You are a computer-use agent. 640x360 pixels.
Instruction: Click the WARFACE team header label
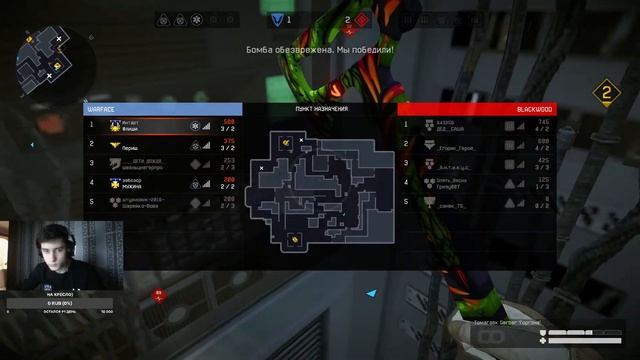point(103,109)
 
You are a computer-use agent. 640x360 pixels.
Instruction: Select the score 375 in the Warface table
point(229,142)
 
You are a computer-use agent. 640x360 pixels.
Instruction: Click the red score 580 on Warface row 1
point(229,123)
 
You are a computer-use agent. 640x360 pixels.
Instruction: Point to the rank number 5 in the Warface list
point(91,202)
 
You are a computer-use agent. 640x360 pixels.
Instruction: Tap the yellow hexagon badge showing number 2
point(603,93)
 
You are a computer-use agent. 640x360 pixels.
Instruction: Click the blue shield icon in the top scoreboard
point(275,19)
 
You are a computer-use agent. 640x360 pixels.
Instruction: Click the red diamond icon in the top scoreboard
point(364,19)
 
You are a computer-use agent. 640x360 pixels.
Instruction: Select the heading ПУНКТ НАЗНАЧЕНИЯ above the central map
point(321,109)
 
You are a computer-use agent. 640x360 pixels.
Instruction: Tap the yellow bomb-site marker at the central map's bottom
point(294,239)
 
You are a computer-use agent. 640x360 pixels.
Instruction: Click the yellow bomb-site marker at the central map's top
point(287,143)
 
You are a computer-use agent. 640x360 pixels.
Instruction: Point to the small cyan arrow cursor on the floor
point(371,294)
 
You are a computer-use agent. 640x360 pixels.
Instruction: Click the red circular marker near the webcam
point(158,293)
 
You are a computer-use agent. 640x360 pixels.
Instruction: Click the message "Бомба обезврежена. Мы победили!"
point(320,48)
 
